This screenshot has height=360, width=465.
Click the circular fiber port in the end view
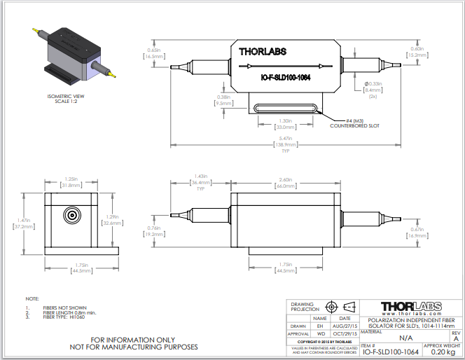pos(71,215)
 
